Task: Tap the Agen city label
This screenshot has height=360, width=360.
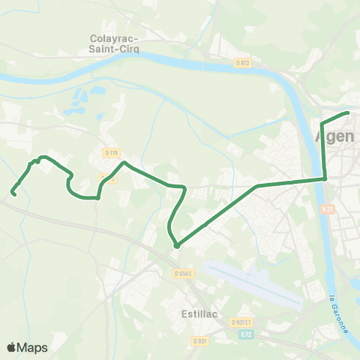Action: click(x=334, y=138)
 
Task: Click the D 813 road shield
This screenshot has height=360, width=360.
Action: click(x=240, y=62)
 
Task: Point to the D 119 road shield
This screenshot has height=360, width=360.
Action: click(x=111, y=153)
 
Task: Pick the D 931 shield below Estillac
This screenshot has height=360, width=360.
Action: click(x=199, y=340)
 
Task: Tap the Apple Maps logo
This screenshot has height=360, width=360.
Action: click(x=27, y=347)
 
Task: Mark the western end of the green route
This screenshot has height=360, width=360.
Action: click(x=13, y=193)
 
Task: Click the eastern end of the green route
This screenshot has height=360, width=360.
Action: click(x=349, y=113)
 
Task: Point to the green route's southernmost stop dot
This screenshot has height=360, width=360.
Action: click(x=176, y=245)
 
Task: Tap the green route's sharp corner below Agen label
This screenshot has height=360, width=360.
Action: click(x=324, y=178)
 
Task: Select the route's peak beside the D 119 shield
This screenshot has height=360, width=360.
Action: click(x=124, y=163)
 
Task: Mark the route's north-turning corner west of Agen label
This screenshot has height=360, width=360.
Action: click(x=322, y=122)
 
